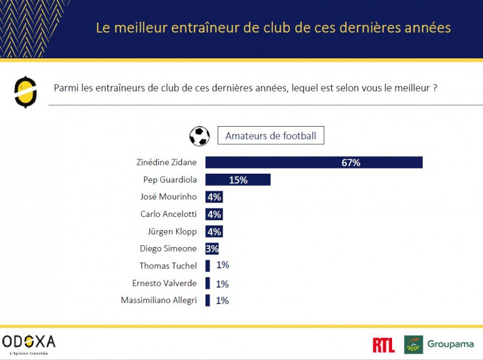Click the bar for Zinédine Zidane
(314, 162)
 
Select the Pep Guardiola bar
(238, 180)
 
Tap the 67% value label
(351, 162)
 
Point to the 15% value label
(238, 180)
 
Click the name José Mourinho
(168, 197)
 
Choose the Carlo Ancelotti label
(168, 214)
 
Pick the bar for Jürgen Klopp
(214, 231)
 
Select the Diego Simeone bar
(211, 248)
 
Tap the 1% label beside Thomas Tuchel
(223, 265)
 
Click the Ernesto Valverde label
(164, 283)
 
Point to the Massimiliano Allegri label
(159, 300)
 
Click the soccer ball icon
(199, 136)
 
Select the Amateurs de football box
(270, 135)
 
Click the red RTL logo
(383, 345)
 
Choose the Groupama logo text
(450, 344)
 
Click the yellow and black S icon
(26, 92)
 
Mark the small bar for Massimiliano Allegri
(208, 300)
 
